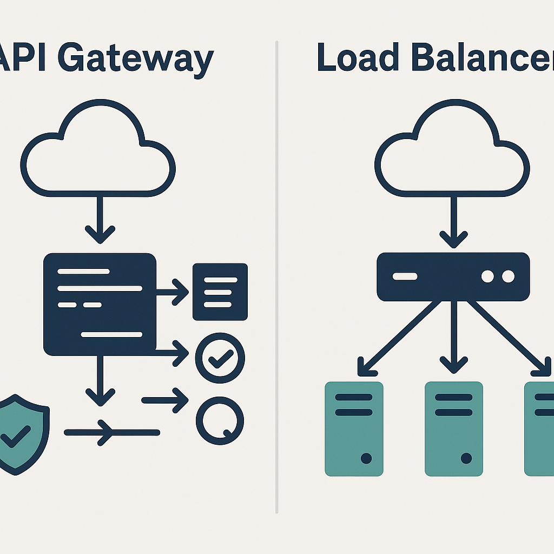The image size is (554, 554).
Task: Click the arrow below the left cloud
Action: point(100,219)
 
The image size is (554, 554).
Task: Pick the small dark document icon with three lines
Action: point(220,292)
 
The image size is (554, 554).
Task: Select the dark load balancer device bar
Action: point(453,276)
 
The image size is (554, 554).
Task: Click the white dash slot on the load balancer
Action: point(405,276)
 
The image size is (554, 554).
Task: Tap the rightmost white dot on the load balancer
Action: point(507,276)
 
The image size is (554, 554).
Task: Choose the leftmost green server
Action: point(354,428)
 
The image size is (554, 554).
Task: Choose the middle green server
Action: point(453,428)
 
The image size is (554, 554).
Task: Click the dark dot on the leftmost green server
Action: point(366,458)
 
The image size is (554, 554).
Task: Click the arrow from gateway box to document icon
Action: point(172,293)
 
